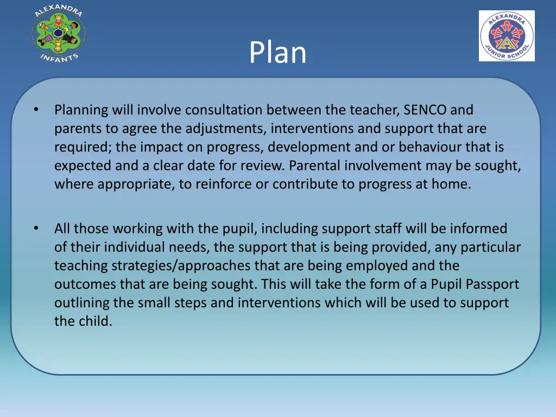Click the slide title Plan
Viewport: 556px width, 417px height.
[x=277, y=53]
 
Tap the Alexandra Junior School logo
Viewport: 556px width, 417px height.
[x=506, y=36]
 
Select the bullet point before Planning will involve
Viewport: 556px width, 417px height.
[x=35, y=110]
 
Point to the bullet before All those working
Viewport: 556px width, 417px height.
[x=35, y=229]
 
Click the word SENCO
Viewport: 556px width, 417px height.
[x=425, y=110]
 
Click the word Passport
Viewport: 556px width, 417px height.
[x=491, y=285]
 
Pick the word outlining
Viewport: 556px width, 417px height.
[x=78, y=303]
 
